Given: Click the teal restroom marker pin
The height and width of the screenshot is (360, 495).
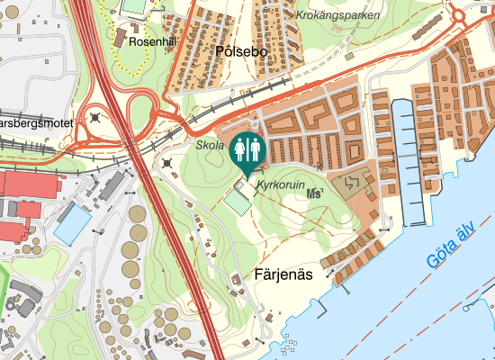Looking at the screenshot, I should point(247,151).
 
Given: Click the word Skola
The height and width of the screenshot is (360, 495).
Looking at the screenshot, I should point(210,145).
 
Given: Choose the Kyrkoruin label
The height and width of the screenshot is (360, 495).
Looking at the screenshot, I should point(281,184).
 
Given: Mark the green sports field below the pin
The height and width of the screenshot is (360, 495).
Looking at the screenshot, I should point(238,199).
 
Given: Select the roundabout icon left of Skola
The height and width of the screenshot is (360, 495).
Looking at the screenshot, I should point(168,163).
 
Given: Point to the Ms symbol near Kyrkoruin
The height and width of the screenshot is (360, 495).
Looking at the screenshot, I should point(315,193).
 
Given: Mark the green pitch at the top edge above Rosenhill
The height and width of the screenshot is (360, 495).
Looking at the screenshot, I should point(135,5).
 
